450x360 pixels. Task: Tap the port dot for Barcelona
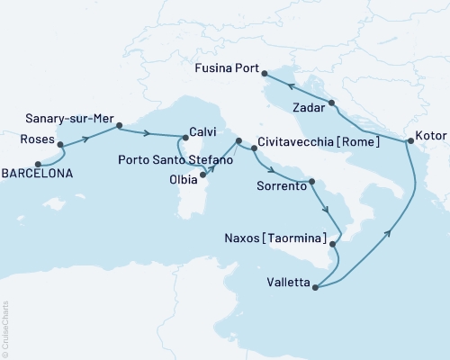click(37, 164)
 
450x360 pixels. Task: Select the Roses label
click(36, 141)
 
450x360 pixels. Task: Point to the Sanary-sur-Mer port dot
click(119, 127)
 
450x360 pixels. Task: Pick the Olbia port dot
click(204, 175)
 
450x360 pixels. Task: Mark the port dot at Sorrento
click(311, 182)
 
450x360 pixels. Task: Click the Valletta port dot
click(315, 286)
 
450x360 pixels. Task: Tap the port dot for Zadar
click(331, 103)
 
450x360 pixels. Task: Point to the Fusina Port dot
click(265, 73)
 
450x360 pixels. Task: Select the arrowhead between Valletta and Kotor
click(389, 234)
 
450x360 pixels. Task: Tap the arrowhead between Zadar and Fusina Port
click(292, 86)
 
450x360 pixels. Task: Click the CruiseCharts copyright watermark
click(6, 328)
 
